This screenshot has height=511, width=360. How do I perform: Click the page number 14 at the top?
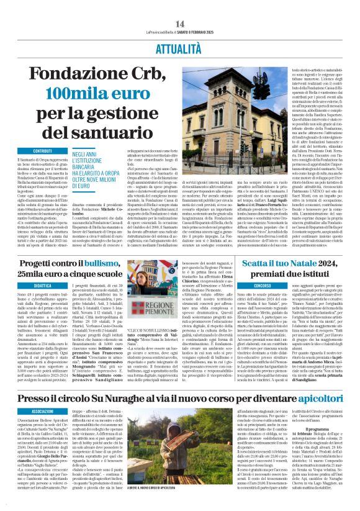180,23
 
